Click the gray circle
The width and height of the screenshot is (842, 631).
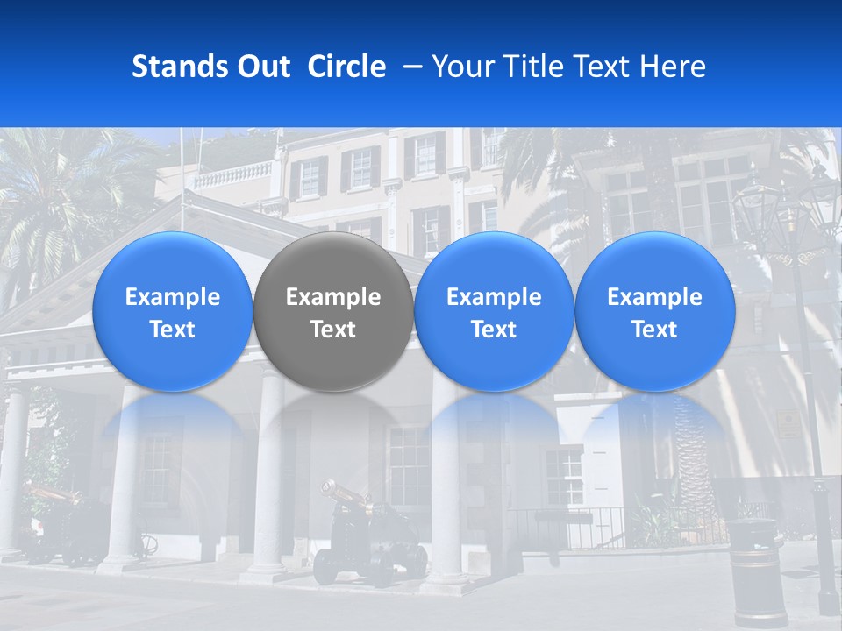click(333, 312)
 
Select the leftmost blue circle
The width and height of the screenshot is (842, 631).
click(173, 312)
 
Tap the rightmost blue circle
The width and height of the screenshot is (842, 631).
click(654, 312)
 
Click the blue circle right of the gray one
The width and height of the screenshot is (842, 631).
click(494, 312)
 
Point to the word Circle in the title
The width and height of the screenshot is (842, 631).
click(346, 67)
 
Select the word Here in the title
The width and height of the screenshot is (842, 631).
click(674, 67)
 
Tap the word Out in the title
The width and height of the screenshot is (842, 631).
click(262, 67)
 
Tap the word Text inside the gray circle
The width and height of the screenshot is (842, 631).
click(333, 330)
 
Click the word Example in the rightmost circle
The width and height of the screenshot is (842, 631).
click(654, 297)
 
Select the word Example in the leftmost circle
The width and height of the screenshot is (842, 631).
click(173, 297)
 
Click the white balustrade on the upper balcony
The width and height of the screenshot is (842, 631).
click(232, 175)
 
